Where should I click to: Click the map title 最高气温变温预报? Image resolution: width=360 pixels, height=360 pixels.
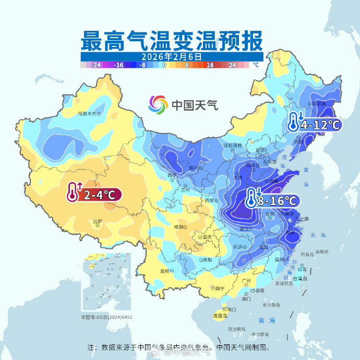coord(172,40)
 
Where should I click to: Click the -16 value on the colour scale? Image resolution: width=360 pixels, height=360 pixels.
coord(118,65)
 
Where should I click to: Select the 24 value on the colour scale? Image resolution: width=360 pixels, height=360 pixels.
coord(232,65)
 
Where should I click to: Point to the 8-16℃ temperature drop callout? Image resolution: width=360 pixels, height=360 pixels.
coord(272,200)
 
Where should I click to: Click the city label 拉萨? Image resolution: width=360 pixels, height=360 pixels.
coord(97,221)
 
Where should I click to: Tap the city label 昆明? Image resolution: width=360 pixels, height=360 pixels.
coord(165,271)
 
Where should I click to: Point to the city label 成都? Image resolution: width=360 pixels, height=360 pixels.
coord(179,227)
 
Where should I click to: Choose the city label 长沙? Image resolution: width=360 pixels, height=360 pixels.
coord(237,247)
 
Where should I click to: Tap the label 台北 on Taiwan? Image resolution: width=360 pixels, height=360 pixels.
coord(302,269)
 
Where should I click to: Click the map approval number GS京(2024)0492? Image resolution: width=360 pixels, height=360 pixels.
coord(106,317)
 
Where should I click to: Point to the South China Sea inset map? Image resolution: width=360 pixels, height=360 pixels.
coord(106,282)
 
